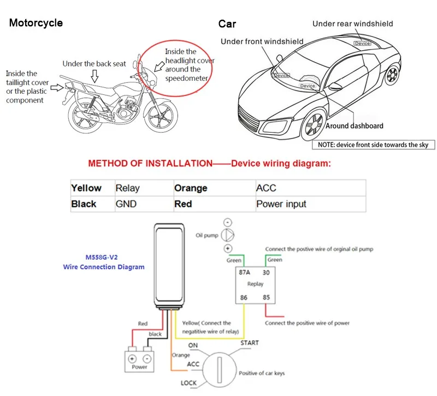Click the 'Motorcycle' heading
coord(36,23)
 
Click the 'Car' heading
coord(227,23)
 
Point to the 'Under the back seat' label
coord(94,64)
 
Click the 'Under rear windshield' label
coord(352,23)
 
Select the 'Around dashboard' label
coord(355,126)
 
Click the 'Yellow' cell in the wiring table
coord(86,188)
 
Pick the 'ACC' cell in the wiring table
coord(266,188)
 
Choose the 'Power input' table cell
coord(281,204)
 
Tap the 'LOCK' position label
coord(189,383)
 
